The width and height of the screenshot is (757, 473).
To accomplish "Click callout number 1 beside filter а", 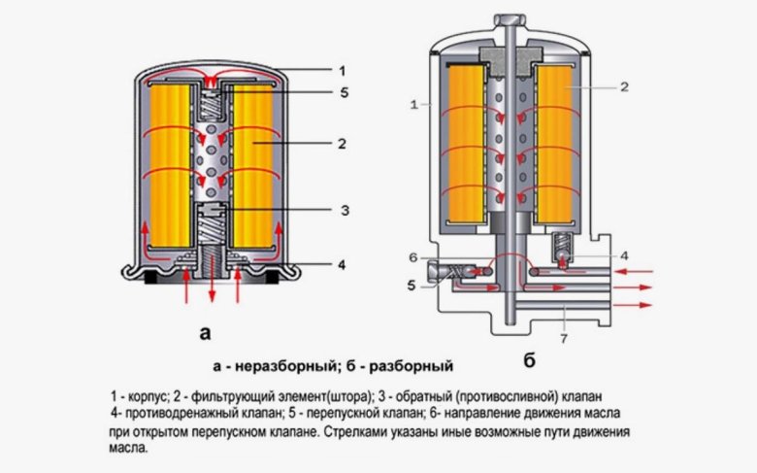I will coord(341,70).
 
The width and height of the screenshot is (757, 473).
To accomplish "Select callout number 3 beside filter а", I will coord(344,210).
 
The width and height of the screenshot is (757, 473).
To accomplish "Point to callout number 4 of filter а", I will coord(341,263).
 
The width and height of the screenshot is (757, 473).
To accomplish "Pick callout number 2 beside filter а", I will coord(342,142).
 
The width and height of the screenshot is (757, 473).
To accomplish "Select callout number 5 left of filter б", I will coord(411,286).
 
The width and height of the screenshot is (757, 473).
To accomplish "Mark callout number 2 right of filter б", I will coord(625,86).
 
